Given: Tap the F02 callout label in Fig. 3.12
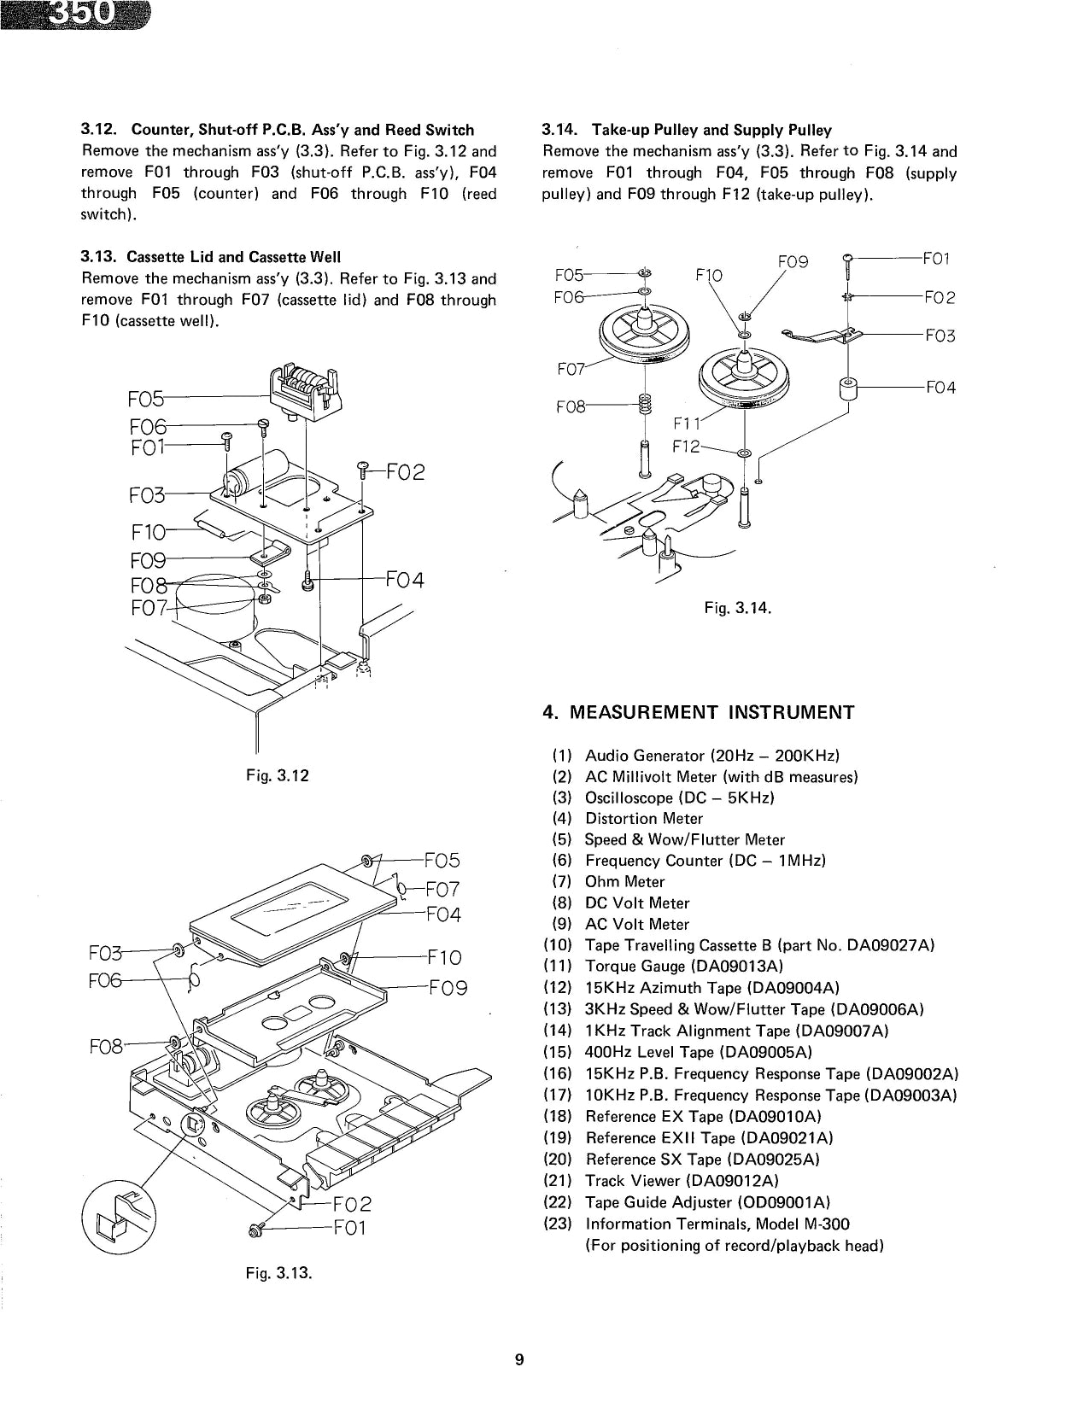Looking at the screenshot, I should point(406,472).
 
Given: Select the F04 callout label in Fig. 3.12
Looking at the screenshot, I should point(405,581).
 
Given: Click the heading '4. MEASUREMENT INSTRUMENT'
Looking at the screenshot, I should point(698,712).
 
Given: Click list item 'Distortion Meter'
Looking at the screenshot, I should point(643,818).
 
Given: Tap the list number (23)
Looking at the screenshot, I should point(558,1224).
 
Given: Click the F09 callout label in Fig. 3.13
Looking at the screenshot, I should point(448,989).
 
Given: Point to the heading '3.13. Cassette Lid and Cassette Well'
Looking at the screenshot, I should point(210,257).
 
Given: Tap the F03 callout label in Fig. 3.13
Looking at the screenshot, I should point(106,952).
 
